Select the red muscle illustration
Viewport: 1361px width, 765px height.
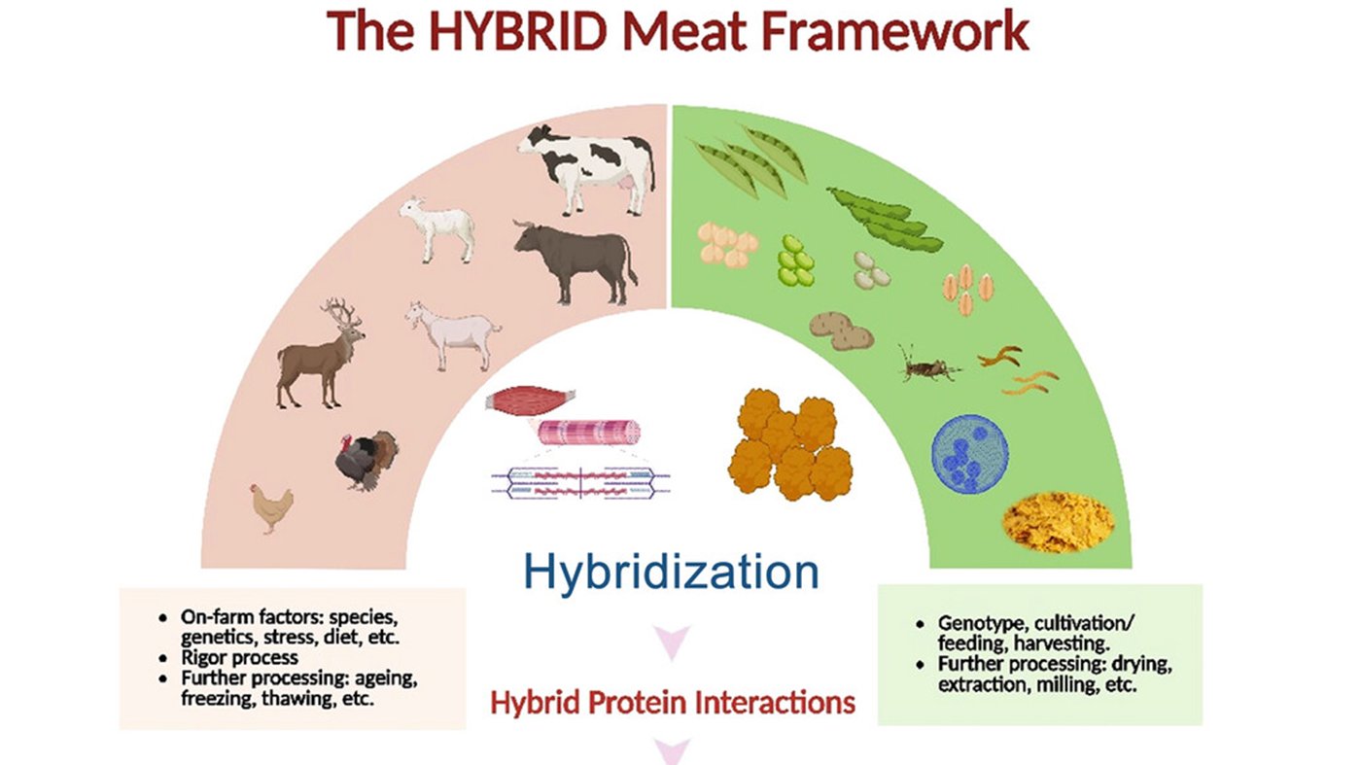tap(531, 400)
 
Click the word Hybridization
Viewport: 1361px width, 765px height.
tap(671, 574)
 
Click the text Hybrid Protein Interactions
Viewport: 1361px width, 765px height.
tap(672, 702)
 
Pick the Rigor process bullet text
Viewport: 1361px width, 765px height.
tap(238, 658)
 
